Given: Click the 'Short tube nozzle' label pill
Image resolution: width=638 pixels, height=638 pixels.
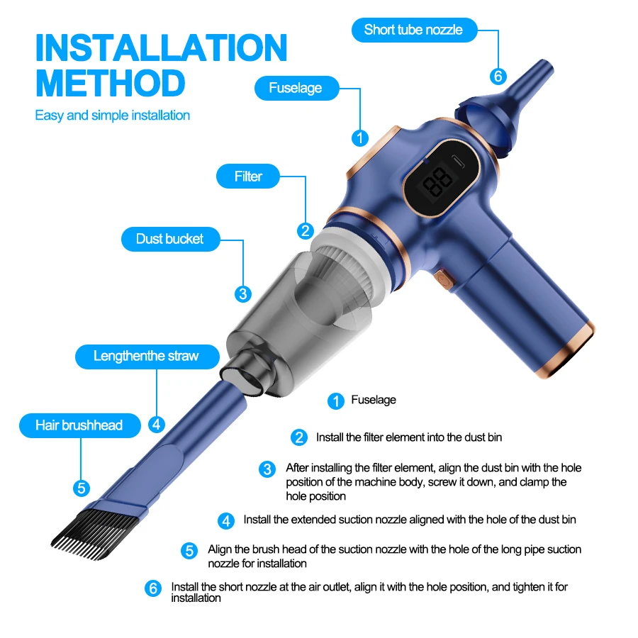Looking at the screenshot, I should click(x=413, y=30).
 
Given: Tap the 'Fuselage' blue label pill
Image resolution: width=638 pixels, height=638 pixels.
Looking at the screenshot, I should click(x=295, y=88).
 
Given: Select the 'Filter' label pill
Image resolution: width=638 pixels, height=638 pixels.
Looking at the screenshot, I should click(x=248, y=177).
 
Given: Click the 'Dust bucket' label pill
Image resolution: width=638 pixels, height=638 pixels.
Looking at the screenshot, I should click(x=169, y=239).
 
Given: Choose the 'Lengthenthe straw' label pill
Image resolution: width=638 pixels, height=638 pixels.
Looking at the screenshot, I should click(x=147, y=356).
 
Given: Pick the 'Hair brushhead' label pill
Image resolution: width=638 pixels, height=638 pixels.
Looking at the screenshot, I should click(x=79, y=425).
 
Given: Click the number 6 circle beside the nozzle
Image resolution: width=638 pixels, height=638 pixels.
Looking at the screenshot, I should click(x=498, y=77).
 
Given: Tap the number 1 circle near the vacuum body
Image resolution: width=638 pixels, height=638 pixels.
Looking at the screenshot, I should click(x=360, y=138).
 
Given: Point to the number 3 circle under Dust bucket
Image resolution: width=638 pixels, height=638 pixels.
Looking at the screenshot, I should click(x=243, y=293).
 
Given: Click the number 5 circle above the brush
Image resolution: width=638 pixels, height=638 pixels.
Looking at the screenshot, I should click(x=82, y=488).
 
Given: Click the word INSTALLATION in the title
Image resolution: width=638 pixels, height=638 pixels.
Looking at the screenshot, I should click(x=161, y=47).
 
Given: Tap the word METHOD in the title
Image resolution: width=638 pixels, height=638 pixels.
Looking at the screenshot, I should click(x=110, y=82).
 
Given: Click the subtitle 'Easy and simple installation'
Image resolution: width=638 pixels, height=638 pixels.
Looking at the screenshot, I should click(x=113, y=115).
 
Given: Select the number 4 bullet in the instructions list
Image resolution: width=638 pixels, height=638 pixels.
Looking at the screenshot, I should click(x=226, y=521).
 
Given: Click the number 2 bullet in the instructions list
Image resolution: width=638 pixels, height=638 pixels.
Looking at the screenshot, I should click(x=299, y=438).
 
